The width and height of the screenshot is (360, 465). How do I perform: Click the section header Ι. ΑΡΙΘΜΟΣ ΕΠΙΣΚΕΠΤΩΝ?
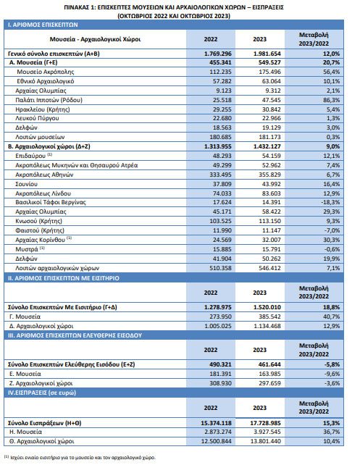coord(43,25)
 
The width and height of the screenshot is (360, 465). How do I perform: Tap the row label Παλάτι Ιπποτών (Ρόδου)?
coord(49,100)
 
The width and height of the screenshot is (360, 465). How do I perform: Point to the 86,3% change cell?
coord(331,100)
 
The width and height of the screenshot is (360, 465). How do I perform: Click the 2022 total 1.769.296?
coord(218,54)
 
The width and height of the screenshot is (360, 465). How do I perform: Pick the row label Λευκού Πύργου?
coord(37,118)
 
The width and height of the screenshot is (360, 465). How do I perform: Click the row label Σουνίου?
coord(26,184)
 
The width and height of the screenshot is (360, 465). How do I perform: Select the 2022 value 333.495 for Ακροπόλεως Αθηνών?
coord(220,175)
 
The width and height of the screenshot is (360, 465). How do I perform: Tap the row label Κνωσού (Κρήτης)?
coord(39,221)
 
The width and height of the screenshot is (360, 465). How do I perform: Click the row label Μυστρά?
coord(27,249)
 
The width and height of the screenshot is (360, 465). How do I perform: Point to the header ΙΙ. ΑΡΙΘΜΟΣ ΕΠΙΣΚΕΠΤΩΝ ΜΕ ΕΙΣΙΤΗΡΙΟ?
coord(64,278)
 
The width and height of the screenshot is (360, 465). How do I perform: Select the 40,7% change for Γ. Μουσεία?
coord(331,317)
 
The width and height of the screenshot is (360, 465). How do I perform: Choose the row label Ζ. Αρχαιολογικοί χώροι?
coord(41,383)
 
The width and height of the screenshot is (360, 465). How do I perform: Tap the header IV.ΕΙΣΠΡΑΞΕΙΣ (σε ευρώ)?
coord(42,393)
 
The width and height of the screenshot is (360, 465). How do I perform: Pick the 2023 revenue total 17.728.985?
coord(265,423)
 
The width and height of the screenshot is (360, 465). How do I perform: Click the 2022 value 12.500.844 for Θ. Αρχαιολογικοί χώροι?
coord(216,441)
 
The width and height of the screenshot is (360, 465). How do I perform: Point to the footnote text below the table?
coord(80,457)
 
